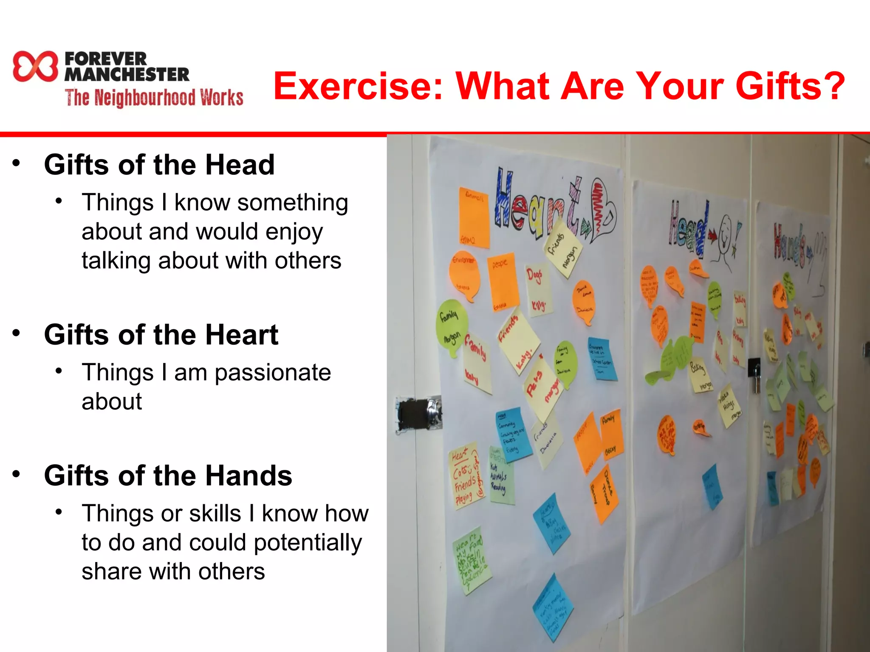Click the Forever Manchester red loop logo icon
[35, 66]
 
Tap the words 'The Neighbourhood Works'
[154, 98]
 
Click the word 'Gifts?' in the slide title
[790, 86]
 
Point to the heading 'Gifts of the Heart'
[161, 335]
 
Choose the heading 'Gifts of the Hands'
[168, 475]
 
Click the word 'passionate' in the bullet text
[272, 373]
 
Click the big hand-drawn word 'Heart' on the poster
[540, 204]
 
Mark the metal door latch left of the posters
[418, 414]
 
